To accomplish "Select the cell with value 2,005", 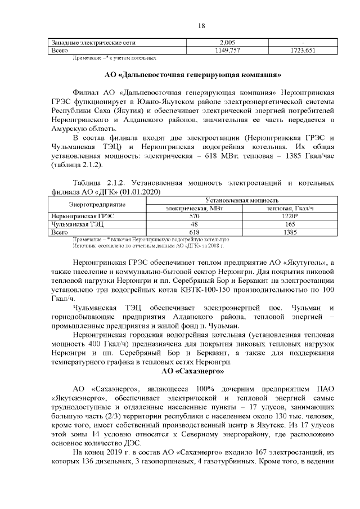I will (x=230, y=43).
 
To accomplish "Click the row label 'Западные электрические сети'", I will (x=93, y=43).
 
